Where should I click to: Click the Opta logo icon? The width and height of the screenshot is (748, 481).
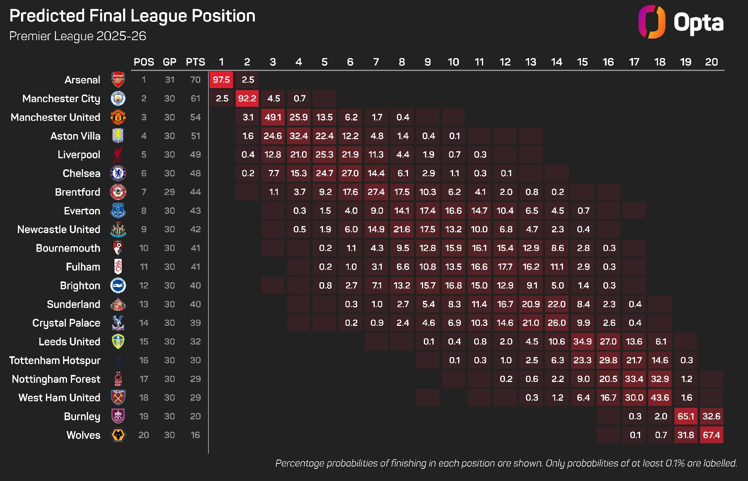pyautogui.click(x=651, y=22)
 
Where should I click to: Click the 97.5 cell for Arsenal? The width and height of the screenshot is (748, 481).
pyautogui.click(x=221, y=80)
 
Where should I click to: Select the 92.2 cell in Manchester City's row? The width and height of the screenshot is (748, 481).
pyautogui.click(x=247, y=99)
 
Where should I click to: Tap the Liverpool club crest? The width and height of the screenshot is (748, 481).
pyautogui.click(x=118, y=155)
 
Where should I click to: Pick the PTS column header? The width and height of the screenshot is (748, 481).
pyautogui.click(x=195, y=62)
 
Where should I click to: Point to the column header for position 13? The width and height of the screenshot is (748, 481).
pyautogui.click(x=531, y=62)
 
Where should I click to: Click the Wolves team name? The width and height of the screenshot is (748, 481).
pyautogui.click(x=83, y=435)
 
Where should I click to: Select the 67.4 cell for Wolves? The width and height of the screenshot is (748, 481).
pyautogui.click(x=711, y=435)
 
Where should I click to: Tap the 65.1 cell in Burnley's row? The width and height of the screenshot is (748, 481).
pyautogui.click(x=686, y=416)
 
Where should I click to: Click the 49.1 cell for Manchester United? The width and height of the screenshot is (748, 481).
pyautogui.click(x=273, y=117)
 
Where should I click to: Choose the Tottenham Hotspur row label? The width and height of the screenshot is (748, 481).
pyautogui.click(x=55, y=360)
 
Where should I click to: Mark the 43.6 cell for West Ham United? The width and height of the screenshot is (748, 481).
pyautogui.click(x=660, y=398)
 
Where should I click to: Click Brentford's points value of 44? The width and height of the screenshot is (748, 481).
pyautogui.click(x=195, y=192)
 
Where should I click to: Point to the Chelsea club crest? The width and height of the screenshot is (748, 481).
pyautogui.click(x=118, y=173)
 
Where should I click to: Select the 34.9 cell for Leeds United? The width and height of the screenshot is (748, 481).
pyautogui.click(x=582, y=341)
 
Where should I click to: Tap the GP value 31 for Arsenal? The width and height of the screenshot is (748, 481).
pyautogui.click(x=169, y=80)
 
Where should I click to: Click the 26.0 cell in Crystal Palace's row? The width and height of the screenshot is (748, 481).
pyautogui.click(x=557, y=323)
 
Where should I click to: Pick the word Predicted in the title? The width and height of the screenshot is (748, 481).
pyautogui.click(x=47, y=16)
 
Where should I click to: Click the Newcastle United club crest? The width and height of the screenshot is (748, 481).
pyautogui.click(x=118, y=230)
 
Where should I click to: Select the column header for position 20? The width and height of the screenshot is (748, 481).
pyautogui.click(x=711, y=62)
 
